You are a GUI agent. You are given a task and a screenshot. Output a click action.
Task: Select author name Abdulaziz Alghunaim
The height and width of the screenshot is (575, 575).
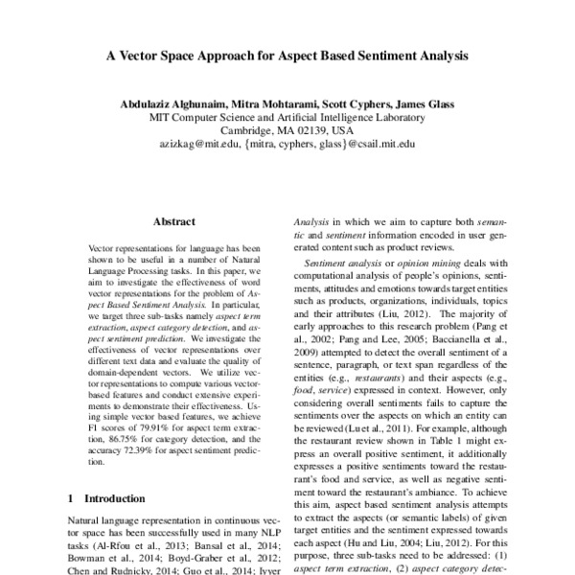174,103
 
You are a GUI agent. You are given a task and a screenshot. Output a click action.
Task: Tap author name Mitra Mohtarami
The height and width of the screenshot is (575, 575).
282,103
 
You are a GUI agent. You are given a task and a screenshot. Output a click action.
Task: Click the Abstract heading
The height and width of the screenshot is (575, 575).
173,221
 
